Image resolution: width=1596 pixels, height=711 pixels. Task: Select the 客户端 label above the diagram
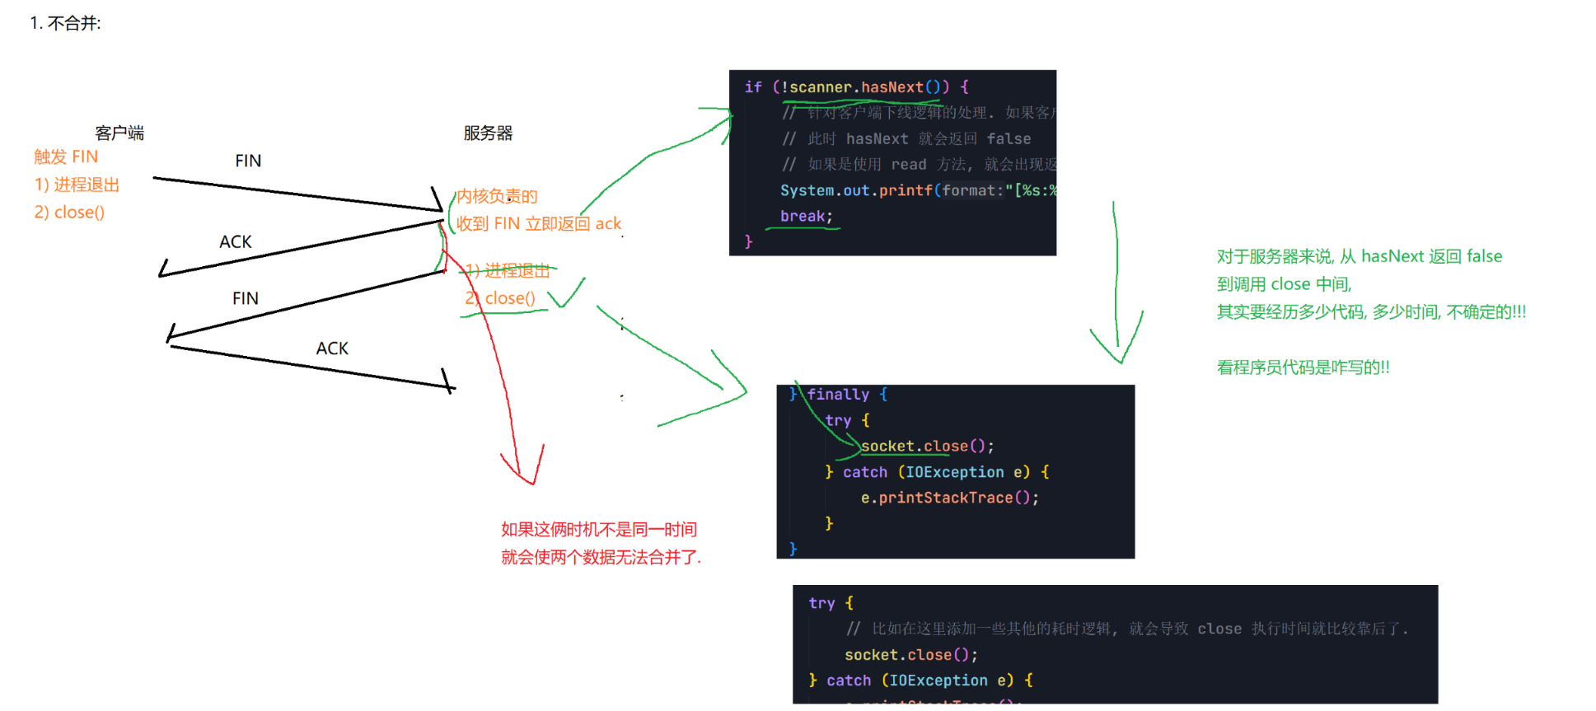coord(119,133)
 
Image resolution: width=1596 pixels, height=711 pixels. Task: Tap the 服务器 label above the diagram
coord(488,133)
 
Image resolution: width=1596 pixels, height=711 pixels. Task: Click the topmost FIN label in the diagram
coord(248,161)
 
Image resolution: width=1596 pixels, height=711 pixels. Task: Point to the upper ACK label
coord(236,241)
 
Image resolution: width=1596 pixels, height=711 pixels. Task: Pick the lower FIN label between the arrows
coord(246,298)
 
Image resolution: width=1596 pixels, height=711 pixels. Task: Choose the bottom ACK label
coord(332,348)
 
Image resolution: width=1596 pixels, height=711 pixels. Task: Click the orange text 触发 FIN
coord(66,157)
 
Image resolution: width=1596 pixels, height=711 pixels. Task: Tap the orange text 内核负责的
coord(497,196)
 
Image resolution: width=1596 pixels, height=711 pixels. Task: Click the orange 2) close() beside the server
coord(500,298)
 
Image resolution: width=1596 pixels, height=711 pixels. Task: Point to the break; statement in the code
coord(806,216)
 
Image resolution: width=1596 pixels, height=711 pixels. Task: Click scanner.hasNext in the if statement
coord(855,87)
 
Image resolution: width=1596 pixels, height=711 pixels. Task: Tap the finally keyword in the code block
coord(838,395)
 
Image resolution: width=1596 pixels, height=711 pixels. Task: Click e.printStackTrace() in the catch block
coord(949,498)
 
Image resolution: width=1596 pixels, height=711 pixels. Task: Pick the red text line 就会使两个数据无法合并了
coord(601,557)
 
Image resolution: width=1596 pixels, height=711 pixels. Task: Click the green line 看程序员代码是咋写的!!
coord(1303,367)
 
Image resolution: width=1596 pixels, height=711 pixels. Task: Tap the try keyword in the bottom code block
coord(821,603)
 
